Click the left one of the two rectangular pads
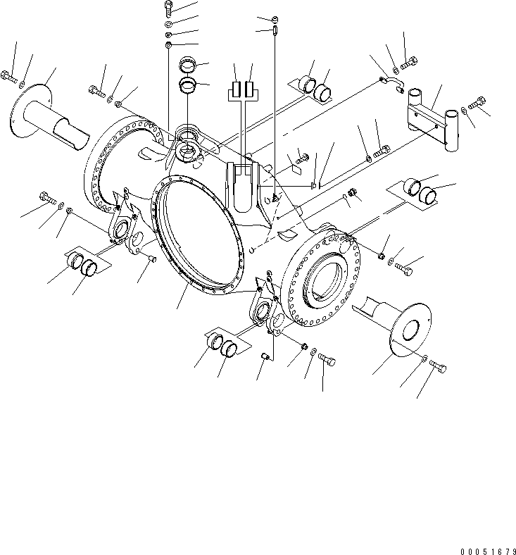234,91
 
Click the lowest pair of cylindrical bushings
221,347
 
